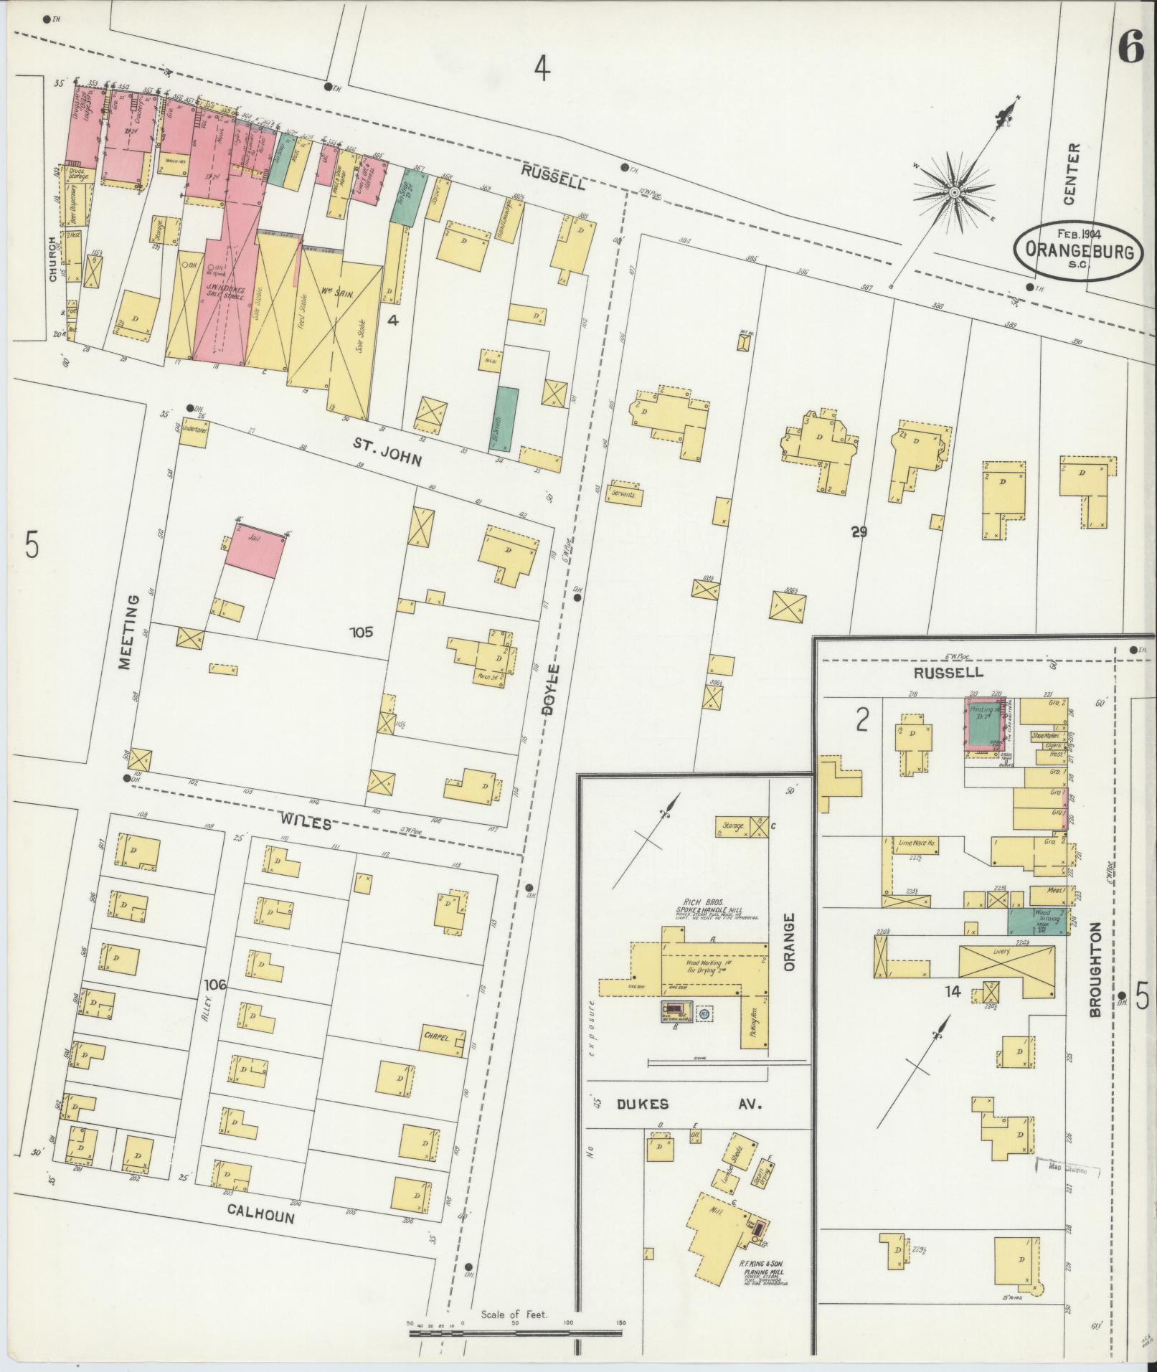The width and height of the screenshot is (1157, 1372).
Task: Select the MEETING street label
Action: (x=130, y=631)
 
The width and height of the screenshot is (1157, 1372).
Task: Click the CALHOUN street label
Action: (x=261, y=1211)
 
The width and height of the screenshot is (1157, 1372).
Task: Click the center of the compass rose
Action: (x=955, y=193)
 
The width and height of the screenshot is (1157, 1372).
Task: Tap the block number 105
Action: (x=362, y=632)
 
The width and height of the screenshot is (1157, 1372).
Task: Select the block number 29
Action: (x=859, y=532)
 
